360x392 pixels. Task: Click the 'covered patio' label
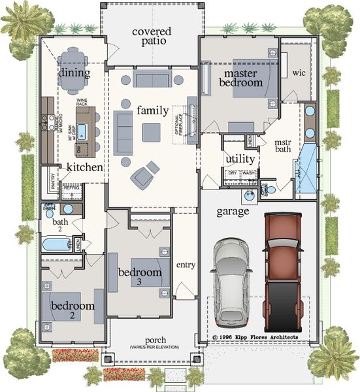point(152,36)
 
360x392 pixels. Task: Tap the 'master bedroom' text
point(239,77)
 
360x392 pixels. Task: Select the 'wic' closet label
point(299,72)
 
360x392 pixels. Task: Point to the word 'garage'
point(233,212)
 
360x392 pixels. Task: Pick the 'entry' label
point(186,265)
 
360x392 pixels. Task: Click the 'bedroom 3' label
point(139,276)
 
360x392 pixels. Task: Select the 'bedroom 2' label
point(73,310)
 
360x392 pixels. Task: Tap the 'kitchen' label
point(85,168)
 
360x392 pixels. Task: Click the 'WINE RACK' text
point(82,103)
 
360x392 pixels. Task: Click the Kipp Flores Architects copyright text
point(255,337)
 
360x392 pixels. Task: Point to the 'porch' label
point(147,341)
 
